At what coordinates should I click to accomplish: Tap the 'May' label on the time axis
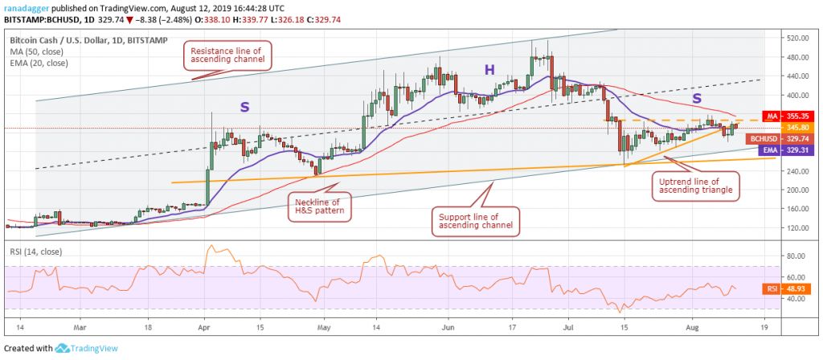[324, 328]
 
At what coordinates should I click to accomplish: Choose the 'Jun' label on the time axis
[448, 328]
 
